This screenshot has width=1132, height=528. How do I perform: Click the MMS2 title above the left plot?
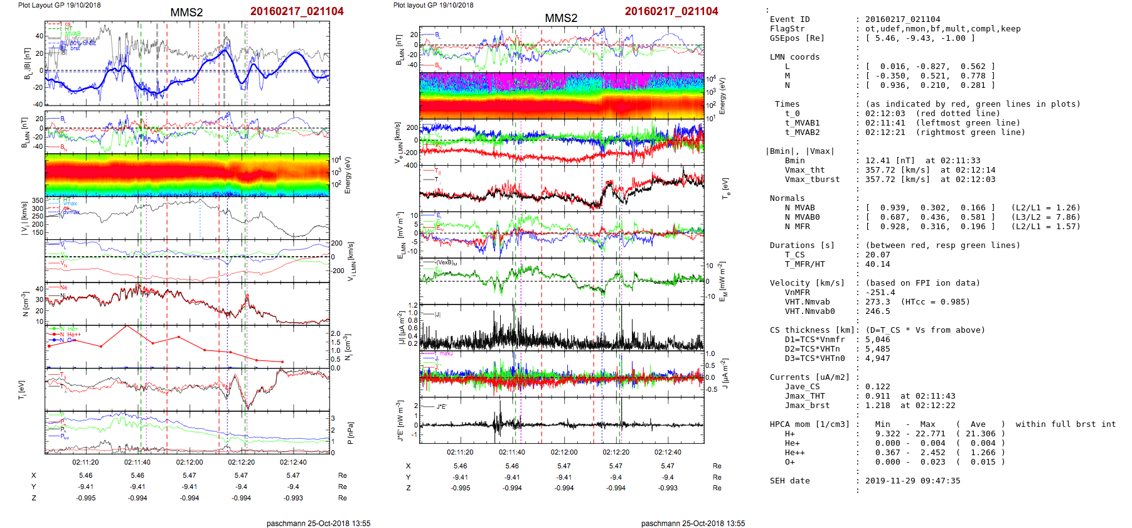click(186, 13)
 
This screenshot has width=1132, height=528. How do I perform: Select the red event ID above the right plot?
click(671, 11)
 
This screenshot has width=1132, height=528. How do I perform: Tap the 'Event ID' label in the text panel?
click(789, 19)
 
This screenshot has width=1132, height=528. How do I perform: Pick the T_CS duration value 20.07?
click(877, 255)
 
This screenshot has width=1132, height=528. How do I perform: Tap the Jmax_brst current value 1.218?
click(877, 406)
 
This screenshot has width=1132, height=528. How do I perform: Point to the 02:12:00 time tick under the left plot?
click(189, 462)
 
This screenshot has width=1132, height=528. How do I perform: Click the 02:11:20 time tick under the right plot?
click(460, 452)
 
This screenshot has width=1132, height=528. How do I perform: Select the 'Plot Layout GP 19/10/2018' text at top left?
click(59, 5)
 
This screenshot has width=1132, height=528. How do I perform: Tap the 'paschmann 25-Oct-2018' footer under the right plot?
click(693, 523)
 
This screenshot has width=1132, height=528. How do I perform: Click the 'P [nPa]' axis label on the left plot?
click(350, 433)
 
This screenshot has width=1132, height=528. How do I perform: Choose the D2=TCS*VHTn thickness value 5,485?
click(877, 349)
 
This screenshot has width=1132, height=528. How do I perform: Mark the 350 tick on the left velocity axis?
click(38, 201)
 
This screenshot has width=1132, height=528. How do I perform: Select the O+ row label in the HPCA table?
click(789, 462)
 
